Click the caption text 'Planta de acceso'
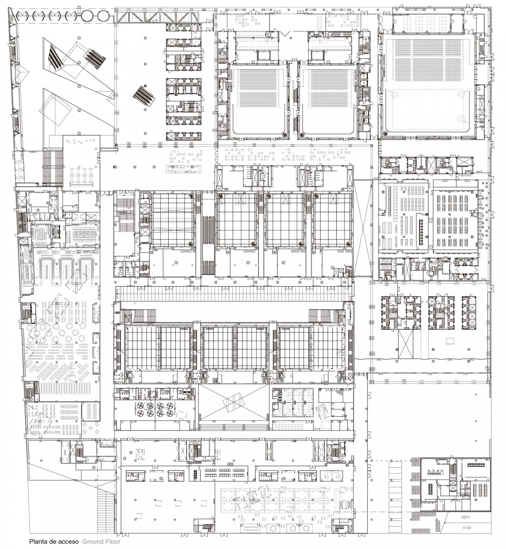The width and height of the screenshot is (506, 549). click(x=54, y=541)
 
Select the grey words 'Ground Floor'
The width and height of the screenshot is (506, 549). click(x=101, y=541)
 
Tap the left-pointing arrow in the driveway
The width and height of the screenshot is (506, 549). click(x=466, y=517)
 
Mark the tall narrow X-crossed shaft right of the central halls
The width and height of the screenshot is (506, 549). click(x=363, y=228)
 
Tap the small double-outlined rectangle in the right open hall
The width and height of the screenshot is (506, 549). click(x=450, y=341)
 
